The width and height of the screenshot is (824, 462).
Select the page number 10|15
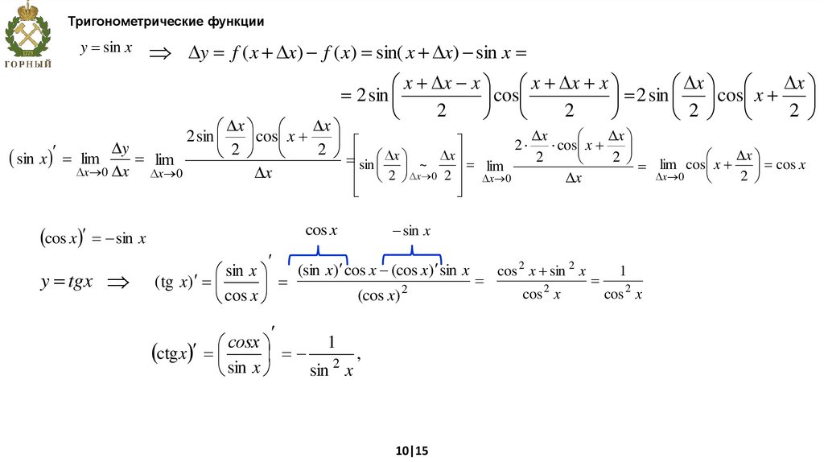tap(411, 451)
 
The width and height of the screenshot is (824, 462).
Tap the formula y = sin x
tap(100, 48)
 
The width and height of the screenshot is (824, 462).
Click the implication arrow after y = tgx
tap(117, 283)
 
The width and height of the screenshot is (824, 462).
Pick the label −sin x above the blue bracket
tap(411, 231)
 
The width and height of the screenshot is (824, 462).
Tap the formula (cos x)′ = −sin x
tap(93, 237)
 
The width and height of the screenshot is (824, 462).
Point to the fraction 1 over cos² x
tap(624, 283)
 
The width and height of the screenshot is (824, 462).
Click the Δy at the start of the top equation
tap(198, 54)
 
